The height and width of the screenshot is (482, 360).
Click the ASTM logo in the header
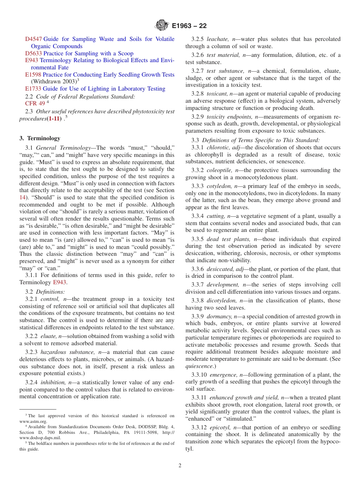162,26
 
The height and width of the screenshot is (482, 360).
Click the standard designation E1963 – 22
189,26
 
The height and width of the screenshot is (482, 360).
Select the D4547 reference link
33,39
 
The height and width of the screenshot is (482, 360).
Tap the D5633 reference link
33,53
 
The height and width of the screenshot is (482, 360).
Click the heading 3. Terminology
40,138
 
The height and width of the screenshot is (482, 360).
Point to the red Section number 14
22,197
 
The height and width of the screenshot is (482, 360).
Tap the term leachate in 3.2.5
218,39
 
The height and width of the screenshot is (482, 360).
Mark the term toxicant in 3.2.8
217,94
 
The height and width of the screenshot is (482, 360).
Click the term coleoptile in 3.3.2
219,170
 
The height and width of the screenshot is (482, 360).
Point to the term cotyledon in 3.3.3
219,186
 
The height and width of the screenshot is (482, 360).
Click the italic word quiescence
199,366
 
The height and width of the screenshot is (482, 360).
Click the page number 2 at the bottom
180,466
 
